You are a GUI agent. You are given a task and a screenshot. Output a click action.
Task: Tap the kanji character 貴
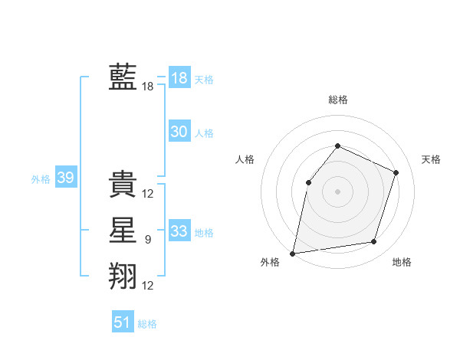pos(123,185)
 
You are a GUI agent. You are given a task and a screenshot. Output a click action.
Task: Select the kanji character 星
pos(123,231)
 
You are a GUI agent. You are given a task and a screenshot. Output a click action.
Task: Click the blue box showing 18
pos(179,78)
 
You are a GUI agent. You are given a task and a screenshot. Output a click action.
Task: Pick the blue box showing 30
pos(179,132)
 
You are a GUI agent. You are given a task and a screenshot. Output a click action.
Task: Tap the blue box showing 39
pos(65,178)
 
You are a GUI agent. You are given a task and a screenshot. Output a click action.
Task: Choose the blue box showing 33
pos(179,231)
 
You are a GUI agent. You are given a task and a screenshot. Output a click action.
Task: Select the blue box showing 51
pos(122,322)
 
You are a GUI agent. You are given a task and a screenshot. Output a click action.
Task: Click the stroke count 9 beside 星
pos(148,240)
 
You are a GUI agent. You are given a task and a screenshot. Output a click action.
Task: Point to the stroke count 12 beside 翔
pos(148,286)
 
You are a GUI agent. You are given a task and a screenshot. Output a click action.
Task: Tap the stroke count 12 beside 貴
pos(148,194)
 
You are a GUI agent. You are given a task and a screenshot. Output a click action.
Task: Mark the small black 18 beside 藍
pos(148,87)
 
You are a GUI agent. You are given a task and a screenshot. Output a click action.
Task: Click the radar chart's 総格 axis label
pos(337,100)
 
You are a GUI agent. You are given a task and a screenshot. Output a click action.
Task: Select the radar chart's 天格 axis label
pos(431,159)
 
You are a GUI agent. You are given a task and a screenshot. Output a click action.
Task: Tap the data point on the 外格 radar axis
pos(293,253)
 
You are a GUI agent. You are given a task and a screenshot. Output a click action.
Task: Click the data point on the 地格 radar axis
pos(374,242)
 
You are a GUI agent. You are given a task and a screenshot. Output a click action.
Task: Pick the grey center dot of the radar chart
pos(337,191)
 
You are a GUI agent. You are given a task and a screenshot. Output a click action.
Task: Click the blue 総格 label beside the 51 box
pos(147,324)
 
